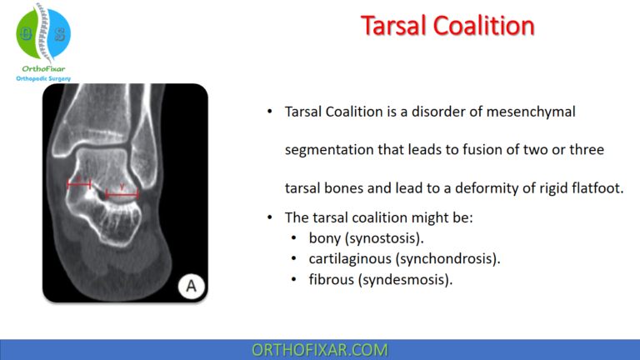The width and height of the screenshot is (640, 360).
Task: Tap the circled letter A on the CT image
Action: pos(191,286)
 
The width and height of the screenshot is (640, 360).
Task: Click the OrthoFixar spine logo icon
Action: pos(43,32)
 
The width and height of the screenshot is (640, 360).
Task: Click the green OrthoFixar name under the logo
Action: pos(43,68)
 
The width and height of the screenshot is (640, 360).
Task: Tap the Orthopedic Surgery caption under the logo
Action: pos(43,78)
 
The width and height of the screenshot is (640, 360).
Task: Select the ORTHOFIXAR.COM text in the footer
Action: pos(319,350)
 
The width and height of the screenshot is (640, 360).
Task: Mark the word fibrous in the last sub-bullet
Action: pos(330,279)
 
